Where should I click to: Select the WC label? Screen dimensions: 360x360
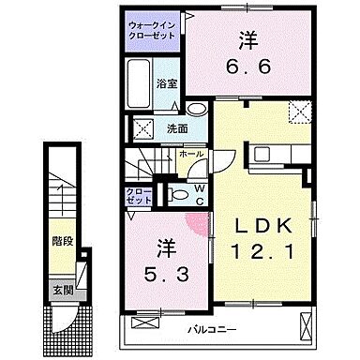click(200, 192)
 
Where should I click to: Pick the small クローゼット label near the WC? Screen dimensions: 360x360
click(138, 195)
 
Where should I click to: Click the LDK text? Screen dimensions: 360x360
click(263, 227)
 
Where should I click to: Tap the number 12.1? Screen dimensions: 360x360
click(263, 252)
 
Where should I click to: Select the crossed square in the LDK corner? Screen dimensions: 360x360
click(300, 113)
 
